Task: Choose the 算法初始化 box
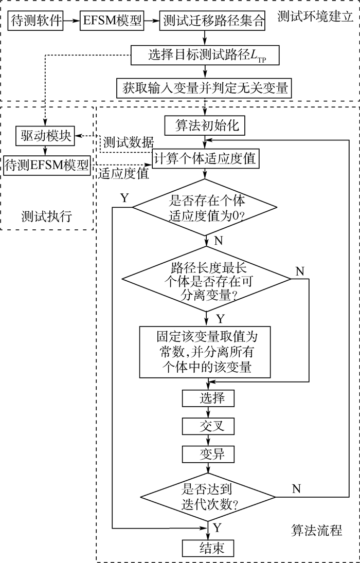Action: [206, 125]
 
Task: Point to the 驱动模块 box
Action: [45, 136]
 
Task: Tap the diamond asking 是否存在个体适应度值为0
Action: [206, 207]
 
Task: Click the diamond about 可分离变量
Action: [206, 279]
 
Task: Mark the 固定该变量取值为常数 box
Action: [206, 352]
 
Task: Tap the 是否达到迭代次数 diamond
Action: [208, 496]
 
